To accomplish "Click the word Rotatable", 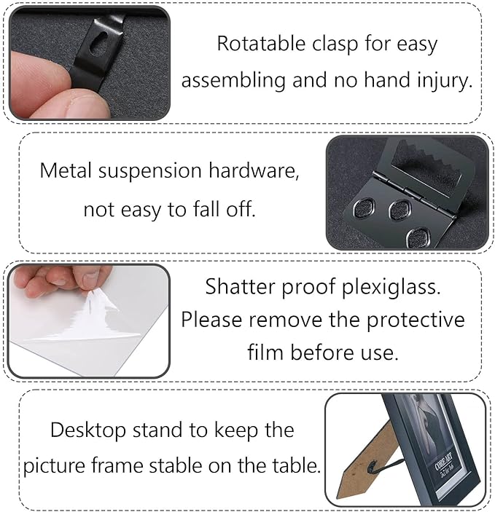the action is tap(261, 43).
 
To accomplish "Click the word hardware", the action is tap(254, 170).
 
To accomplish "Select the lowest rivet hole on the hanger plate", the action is tap(418, 237).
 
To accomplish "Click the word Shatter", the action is tap(238, 286).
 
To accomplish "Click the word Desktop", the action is tap(88, 430).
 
